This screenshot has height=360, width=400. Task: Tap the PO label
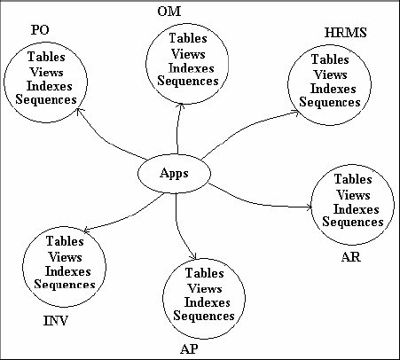coord(39,30)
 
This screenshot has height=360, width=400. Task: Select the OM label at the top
coord(168,10)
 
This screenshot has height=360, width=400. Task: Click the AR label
coord(351,258)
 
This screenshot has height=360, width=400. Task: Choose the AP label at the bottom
coord(188,348)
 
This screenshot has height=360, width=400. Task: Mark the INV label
coord(56,319)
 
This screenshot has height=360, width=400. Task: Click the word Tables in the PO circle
coord(46,58)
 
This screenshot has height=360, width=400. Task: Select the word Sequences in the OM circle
coord(188,81)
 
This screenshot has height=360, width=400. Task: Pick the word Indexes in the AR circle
coord(351,208)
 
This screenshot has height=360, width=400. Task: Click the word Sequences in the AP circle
coord(204,316)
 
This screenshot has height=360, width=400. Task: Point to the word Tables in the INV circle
coord(65,241)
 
